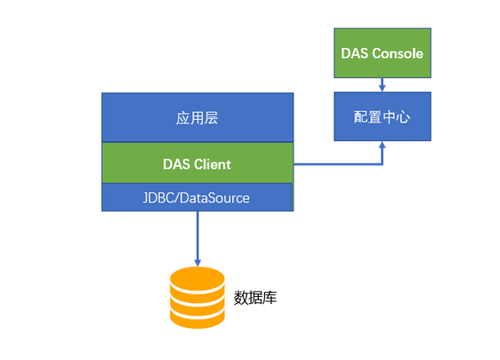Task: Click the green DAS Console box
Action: click(382, 53)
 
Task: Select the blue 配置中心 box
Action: click(382, 116)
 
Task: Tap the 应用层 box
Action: click(198, 118)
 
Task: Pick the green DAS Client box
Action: click(198, 163)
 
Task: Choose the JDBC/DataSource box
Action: click(198, 197)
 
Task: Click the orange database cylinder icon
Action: click(198, 298)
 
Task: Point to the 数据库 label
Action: click(255, 298)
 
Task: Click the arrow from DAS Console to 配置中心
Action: click(382, 85)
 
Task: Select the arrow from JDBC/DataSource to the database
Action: click(198, 239)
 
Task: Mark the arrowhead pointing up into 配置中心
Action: click(382, 145)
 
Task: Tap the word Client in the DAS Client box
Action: click(213, 165)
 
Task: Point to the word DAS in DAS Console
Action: click(355, 53)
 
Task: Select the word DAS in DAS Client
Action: click(176, 165)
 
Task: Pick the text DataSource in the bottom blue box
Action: click(215, 198)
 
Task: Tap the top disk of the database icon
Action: click(198, 278)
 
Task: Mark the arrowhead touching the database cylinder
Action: click(198, 262)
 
